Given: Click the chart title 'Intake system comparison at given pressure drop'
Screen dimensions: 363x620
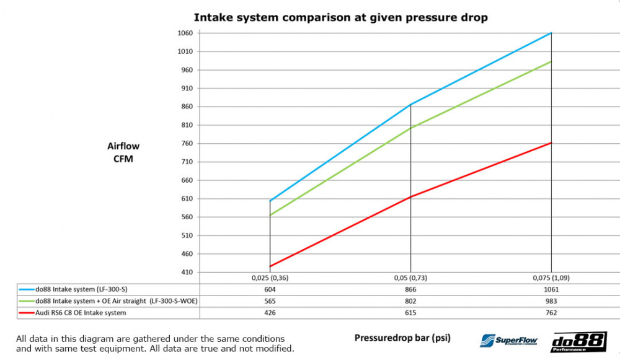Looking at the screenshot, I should click(340, 17).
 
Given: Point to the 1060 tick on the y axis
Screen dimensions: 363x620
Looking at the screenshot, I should click(185, 33).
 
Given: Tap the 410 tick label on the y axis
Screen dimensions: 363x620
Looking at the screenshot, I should click(185, 273).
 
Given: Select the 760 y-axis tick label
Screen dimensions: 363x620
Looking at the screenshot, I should click(185, 144).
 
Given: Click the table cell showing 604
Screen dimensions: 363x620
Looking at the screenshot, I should click(270, 289).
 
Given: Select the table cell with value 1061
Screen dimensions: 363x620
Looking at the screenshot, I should click(551, 289).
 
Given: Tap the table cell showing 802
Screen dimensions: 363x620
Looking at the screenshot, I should click(410, 301).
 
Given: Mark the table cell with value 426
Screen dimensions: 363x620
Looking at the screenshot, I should click(270, 313).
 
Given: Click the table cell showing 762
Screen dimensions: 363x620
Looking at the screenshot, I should click(551, 313).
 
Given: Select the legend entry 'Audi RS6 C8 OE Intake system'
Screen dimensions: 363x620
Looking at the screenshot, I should click(81, 313).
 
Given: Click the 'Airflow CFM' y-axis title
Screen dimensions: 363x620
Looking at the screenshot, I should click(123, 152).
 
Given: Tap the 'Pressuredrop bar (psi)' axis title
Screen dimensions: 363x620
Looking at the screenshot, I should click(402, 338).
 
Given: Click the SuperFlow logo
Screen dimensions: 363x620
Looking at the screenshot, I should click(508, 340).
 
